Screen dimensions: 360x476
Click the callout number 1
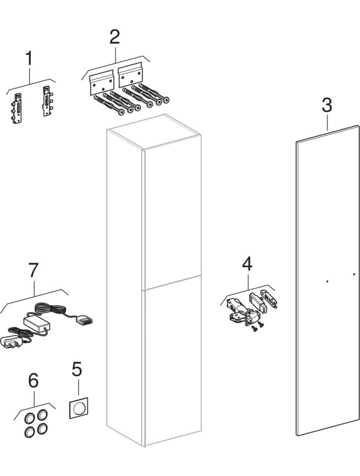click(29, 58)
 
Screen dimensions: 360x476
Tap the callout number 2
click(114, 36)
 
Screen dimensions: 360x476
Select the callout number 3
click(327, 105)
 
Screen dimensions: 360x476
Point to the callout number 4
click(247, 263)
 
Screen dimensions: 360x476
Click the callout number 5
click(77, 370)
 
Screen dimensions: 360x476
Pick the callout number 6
click(33, 380)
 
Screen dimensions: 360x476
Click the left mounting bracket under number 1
click(16, 108)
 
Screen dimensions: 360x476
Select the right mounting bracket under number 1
click(47, 101)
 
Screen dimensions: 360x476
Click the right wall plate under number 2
click(130, 75)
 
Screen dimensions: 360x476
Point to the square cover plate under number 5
click(79, 407)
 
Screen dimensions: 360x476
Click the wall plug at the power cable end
click(11, 342)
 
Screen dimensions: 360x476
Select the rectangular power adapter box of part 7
click(37, 323)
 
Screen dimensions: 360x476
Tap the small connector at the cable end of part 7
click(84, 319)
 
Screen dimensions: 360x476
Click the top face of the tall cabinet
click(154, 132)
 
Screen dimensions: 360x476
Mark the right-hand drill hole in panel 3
click(354, 274)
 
